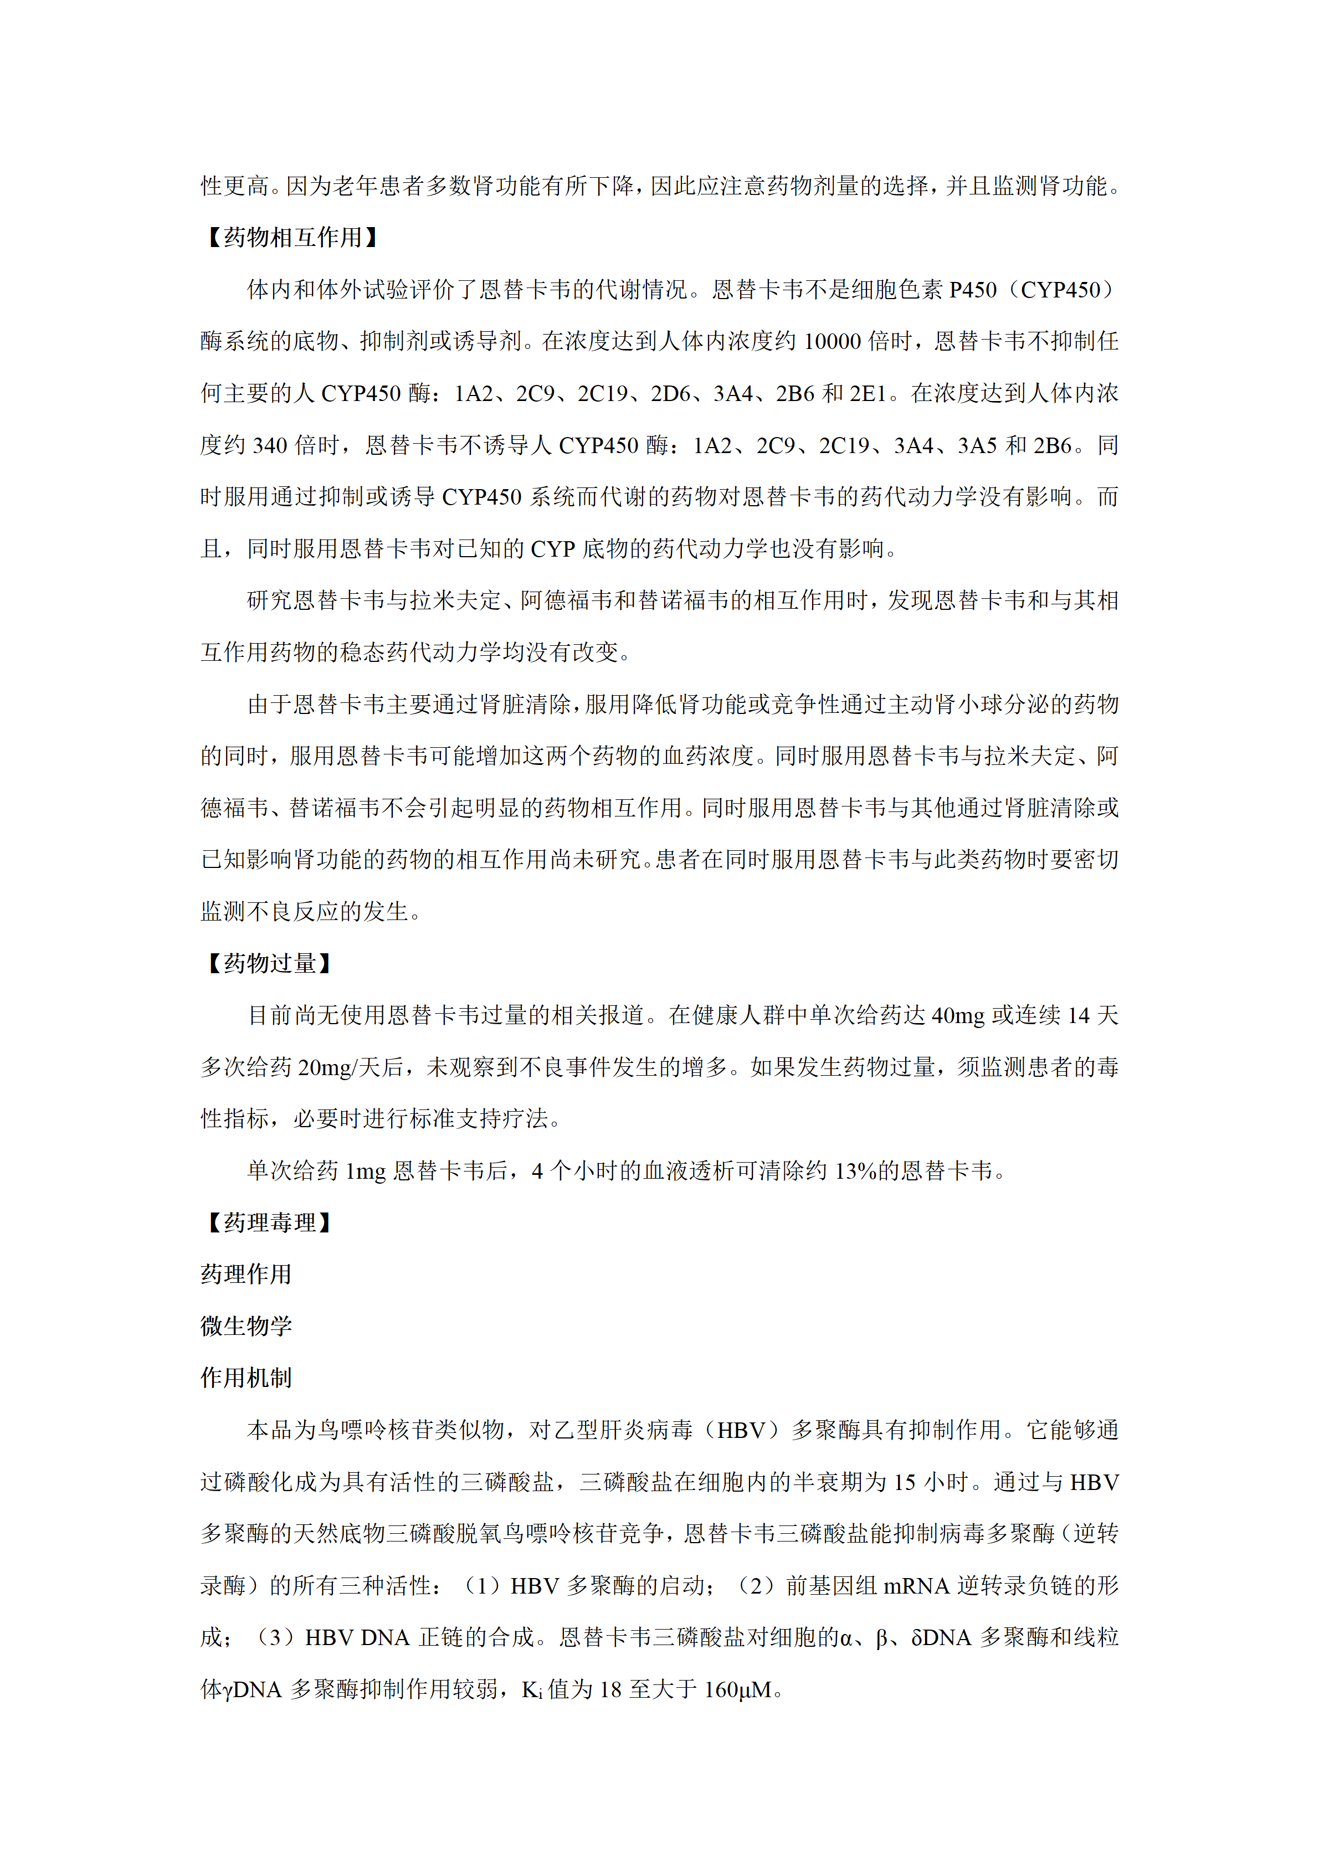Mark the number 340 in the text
[x=270, y=445]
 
